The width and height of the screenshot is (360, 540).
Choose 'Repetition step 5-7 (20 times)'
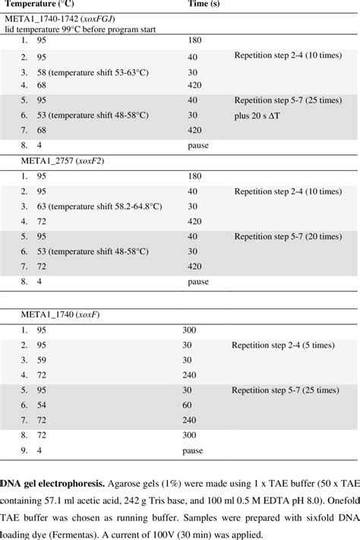click(x=289, y=236)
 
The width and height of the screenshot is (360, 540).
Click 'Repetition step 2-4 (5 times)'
click(x=285, y=344)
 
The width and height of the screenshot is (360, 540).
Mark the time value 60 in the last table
click(x=187, y=405)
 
